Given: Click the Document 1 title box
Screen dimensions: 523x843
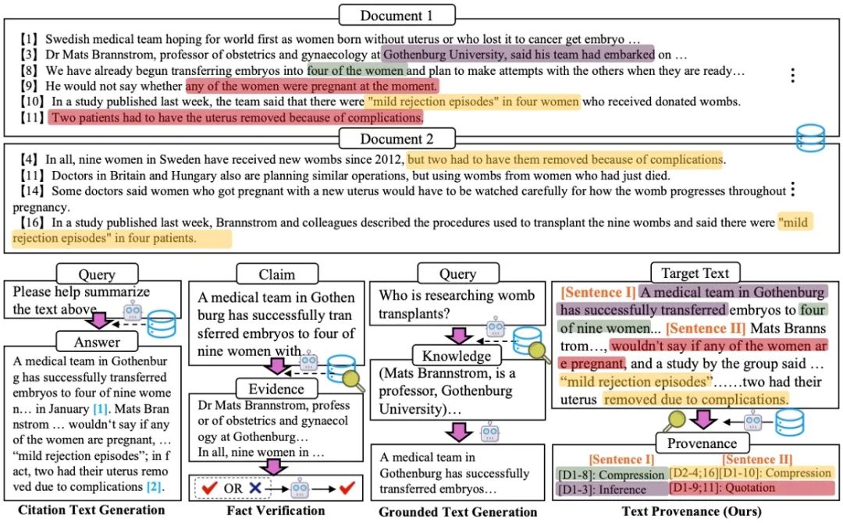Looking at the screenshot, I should tap(397, 14).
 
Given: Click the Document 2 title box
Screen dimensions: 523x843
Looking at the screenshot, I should tap(397, 139).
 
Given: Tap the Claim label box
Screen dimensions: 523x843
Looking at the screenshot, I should tap(277, 274).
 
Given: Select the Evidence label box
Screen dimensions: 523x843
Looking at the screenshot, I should tap(277, 388).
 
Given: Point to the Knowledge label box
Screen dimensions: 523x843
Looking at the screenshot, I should tap(453, 355).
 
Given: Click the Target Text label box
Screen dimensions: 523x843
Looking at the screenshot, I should tap(695, 273).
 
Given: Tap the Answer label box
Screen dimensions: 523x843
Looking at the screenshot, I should tap(97, 341).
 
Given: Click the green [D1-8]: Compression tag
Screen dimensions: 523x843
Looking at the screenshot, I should tap(611, 474).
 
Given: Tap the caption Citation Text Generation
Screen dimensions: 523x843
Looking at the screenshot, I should tap(92, 511).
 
